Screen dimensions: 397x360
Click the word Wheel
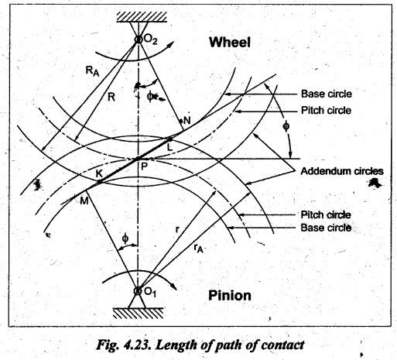[230, 42]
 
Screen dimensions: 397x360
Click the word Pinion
[230, 296]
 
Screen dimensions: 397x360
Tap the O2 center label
[150, 40]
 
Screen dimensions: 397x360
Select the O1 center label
[150, 292]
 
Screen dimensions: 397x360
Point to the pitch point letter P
[144, 166]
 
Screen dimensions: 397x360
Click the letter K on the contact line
[99, 173]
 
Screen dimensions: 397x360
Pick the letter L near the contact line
[169, 147]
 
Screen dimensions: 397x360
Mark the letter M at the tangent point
[84, 201]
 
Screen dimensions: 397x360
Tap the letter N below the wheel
[187, 120]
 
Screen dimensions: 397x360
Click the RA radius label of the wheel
[92, 70]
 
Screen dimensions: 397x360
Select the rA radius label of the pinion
[198, 249]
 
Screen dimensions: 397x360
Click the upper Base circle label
[327, 94]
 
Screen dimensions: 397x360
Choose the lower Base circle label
[326, 228]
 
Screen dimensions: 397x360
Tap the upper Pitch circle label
[326, 111]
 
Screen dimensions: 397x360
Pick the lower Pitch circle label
[326, 214]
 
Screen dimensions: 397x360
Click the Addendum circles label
[342, 171]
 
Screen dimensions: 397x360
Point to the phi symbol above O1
[125, 239]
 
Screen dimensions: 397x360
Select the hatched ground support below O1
[139, 314]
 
